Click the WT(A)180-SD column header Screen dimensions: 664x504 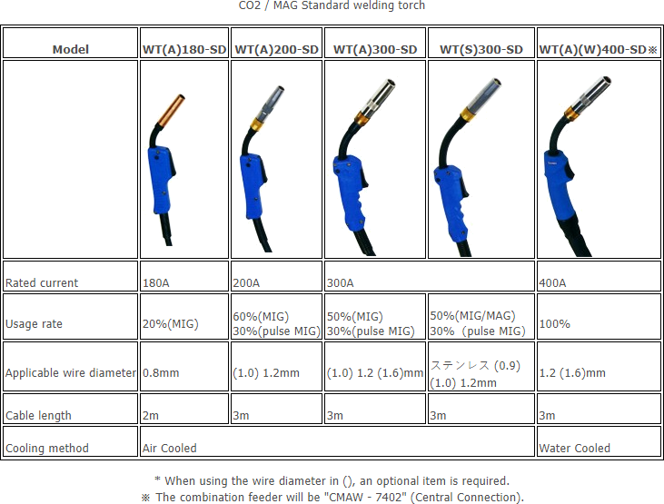click(184, 50)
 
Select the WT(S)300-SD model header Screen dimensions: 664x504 click(481, 50)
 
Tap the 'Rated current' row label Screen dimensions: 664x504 click(42, 283)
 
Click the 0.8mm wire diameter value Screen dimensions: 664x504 click(161, 373)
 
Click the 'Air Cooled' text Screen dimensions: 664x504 click(169, 448)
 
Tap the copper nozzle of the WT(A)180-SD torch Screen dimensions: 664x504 click(172, 111)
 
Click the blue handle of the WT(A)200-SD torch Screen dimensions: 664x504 click(253, 185)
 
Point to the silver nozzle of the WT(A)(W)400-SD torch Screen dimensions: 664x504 click(592, 94)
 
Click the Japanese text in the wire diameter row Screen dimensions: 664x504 click(461, 365)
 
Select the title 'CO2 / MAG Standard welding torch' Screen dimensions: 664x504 click(332, 5)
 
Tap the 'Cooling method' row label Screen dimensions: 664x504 click(47, 448)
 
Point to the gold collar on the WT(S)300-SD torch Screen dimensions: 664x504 click(468, 114)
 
